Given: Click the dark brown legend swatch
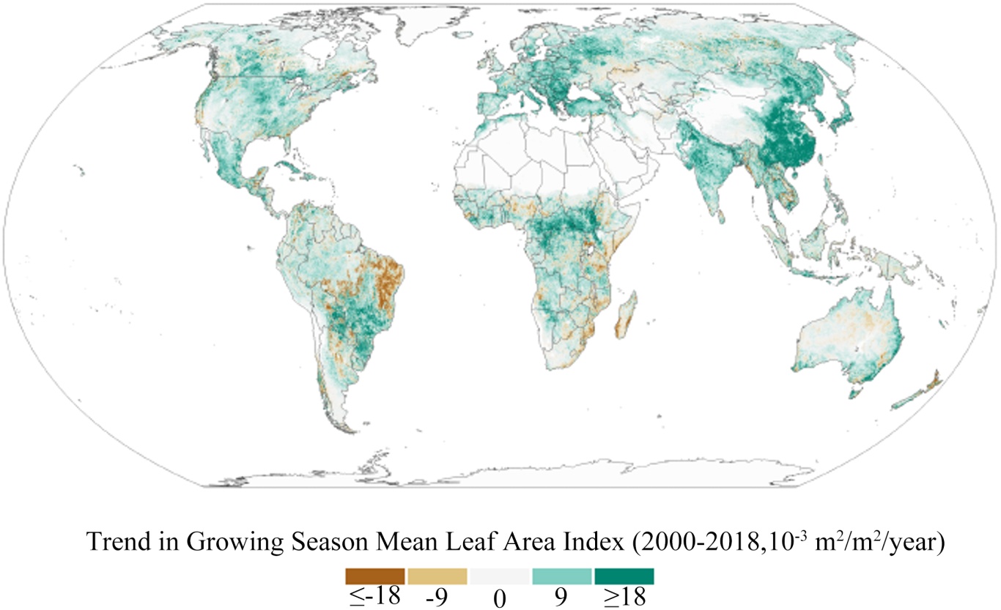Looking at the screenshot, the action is tap(375, 576).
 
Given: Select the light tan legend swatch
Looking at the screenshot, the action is tap(437, 576).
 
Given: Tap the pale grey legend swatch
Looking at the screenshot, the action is tap(500, 576).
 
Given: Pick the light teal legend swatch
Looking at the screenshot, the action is tap(562, 576).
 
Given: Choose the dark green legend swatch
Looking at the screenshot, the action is tap(624, 576).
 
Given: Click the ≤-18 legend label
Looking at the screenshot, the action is tap(375, 596).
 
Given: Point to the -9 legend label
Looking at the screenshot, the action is tap(437, 597).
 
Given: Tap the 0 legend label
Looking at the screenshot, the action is tap(500, 598).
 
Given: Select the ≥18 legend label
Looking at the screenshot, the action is tap(625, 596).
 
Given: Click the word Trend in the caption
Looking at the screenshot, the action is tap(119, 541).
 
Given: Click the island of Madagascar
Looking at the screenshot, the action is tap(626, 316).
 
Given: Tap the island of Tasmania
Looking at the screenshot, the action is tap(854, 393).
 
